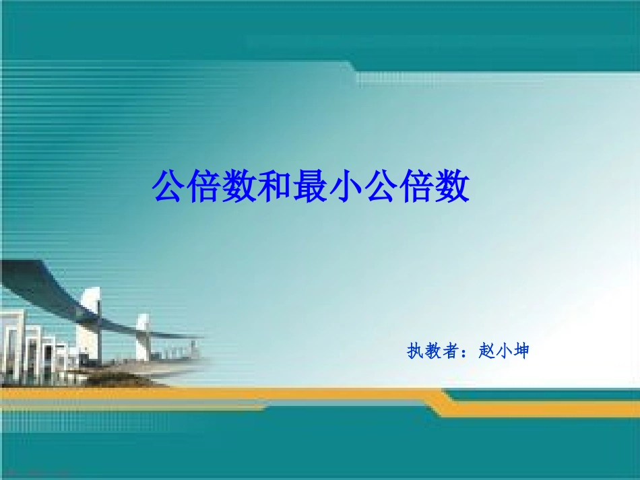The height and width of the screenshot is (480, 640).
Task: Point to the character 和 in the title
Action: pyautogui.click(x=275, y=186)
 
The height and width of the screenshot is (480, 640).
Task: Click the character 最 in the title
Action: pyautogui.click(x=311, y=186)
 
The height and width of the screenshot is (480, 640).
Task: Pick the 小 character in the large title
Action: pyautogui.click(x=346, y=186)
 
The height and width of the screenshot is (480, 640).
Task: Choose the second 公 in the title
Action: pyautogui.click(x=381, y=186)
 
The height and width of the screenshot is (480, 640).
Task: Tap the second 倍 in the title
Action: pyautogui.click(x=416, y=186)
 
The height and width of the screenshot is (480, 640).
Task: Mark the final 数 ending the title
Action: pyautogui.click(x=451, y=186)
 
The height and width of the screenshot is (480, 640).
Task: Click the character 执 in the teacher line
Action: pyautogui.click(x=415, y=351)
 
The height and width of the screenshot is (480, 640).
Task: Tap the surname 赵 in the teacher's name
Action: pyautogui.click(x=486, y=351)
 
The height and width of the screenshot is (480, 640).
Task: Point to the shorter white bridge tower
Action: pyautogui.click(x=143, y=337)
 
